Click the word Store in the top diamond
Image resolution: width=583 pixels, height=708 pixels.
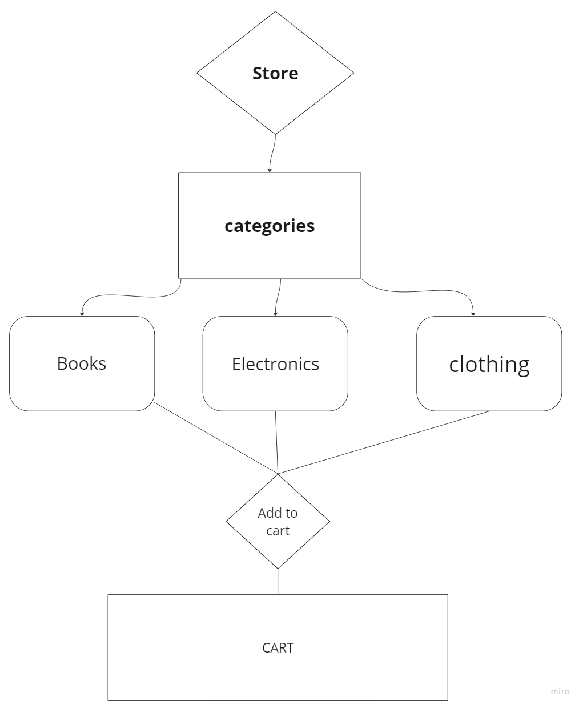[275, 73]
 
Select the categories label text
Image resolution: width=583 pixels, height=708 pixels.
[270, 226]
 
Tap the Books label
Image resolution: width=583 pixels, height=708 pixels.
[82, 363]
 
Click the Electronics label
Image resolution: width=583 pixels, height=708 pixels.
[275, 364]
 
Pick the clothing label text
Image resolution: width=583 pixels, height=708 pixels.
[489, 364]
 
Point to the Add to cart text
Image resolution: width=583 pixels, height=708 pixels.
[278, 522]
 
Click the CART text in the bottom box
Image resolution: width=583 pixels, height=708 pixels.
[278, 647]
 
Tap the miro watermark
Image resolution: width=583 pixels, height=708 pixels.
[560, 691]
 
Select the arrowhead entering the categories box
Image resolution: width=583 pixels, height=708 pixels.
[270, 170]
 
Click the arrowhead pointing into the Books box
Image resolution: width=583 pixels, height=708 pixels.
[82, 314]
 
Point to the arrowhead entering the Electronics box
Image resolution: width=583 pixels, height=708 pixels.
[276, 314]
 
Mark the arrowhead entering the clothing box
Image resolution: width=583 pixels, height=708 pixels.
[473, 314]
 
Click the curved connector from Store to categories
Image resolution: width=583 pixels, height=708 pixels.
[272, 152]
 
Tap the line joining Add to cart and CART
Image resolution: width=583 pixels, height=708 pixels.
[278, 582]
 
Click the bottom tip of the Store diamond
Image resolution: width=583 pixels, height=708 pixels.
[276, 134]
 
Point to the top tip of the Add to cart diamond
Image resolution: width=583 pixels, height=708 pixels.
[278, 475]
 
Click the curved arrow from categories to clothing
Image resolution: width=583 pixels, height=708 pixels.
[423, 292]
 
